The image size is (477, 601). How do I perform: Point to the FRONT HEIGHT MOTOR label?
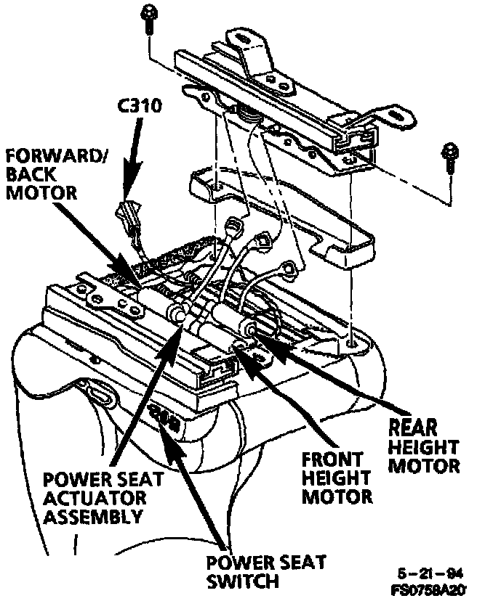click(337, 479)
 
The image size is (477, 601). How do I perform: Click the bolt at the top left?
click(148, 17)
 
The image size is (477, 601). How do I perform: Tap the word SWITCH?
click(243, 581)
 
